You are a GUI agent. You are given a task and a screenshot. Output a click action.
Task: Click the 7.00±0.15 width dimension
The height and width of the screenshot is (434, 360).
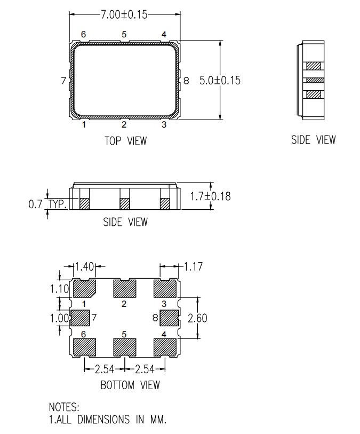point(124,14)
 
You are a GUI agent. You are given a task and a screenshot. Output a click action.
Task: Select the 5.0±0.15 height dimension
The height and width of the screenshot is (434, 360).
point(220,81)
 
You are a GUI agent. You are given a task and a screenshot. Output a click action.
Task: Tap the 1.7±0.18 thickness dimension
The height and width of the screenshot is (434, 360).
point(211,196)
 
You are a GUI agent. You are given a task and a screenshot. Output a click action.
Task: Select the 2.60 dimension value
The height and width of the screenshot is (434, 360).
point(198,318)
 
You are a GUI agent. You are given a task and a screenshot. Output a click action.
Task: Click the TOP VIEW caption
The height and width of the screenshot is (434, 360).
point(125,141)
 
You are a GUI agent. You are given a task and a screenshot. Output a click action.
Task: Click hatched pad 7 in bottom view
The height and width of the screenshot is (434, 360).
point(79,318)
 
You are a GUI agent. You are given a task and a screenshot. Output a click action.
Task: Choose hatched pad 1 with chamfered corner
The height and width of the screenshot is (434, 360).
point(84,289)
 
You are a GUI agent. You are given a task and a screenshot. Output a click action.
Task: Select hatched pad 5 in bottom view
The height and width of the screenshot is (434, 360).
point(124,347)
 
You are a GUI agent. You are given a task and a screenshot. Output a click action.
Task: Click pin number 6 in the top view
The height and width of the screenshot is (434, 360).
point(84,35)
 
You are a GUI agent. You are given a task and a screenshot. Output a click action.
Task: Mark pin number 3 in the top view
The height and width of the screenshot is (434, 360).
point(164,125)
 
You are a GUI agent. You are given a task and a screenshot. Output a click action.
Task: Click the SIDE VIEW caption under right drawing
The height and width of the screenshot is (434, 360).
point(314,140)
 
